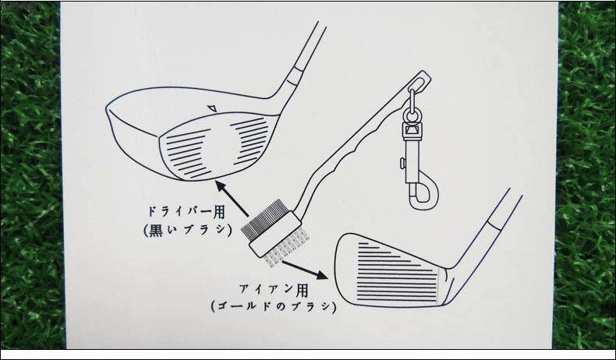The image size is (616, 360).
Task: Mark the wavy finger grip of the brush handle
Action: (x=355, y=140)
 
